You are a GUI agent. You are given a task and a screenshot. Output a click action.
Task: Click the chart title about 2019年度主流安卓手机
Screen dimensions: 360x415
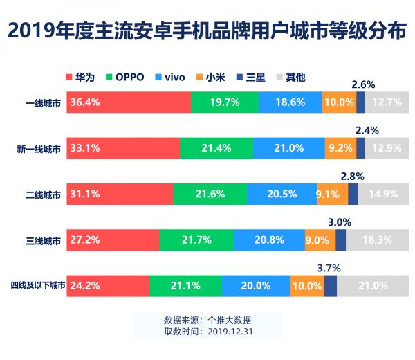(207, 31)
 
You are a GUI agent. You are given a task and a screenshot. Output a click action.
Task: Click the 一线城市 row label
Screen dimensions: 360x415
(42, 102)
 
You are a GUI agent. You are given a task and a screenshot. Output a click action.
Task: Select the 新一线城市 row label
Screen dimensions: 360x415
(39, 148)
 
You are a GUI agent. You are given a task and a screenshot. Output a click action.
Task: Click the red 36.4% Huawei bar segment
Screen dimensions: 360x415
(128, 102)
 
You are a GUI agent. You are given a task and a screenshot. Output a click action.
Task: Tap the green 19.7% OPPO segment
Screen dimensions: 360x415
(225, 102)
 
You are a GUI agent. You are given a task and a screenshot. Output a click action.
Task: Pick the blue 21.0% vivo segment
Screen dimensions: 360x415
(288, 148)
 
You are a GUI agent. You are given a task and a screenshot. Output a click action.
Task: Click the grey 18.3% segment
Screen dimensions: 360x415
(377, 240)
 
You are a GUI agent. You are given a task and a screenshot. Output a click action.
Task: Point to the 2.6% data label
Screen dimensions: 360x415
(363, 84)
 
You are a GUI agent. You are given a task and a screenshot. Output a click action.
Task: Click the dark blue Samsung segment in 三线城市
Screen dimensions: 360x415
(340, 240)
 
